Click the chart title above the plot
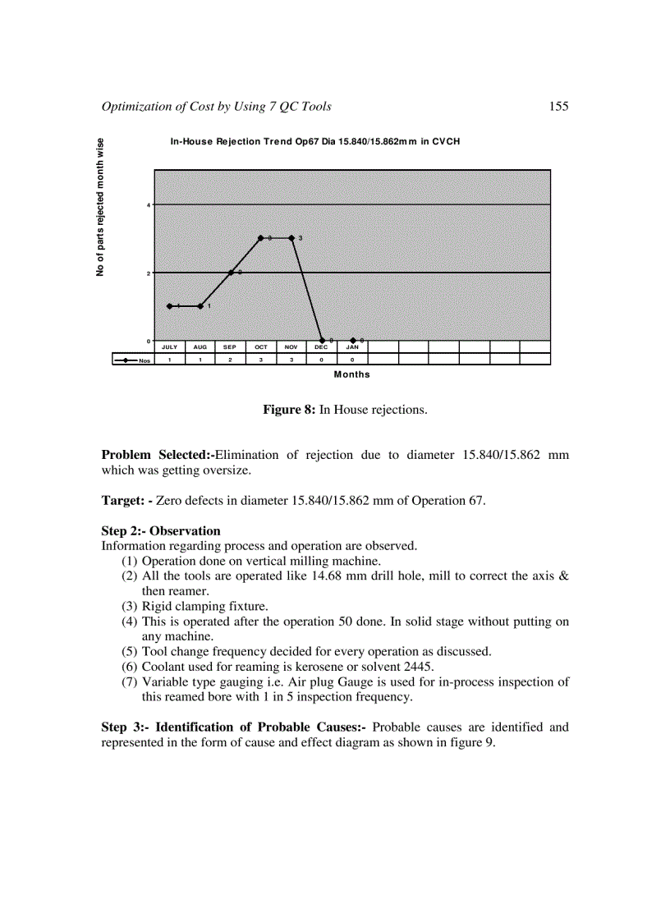coord(314,142)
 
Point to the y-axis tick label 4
coord(149,204)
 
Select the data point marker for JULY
coord(169,306)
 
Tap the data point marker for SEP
coord(231,272)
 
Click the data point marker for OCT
coord(261,238)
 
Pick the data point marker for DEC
coord(322,340)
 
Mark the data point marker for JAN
coord(352,340)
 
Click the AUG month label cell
coord(200,347)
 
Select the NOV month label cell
coord(291,347)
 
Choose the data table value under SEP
coord(230,360)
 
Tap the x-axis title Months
coord(351,374)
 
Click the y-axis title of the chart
coord(100,207)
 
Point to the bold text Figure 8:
coord(289,409)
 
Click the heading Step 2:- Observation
coord(161,531)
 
